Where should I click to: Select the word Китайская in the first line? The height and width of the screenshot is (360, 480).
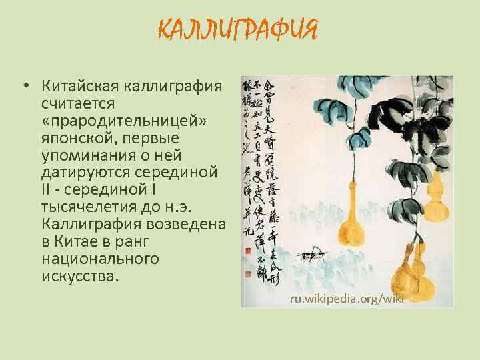tap(80, 86)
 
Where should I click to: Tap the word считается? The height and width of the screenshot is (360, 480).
tap(78, 103)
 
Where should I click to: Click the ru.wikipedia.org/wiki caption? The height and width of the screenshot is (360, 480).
tap(347, 298)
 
